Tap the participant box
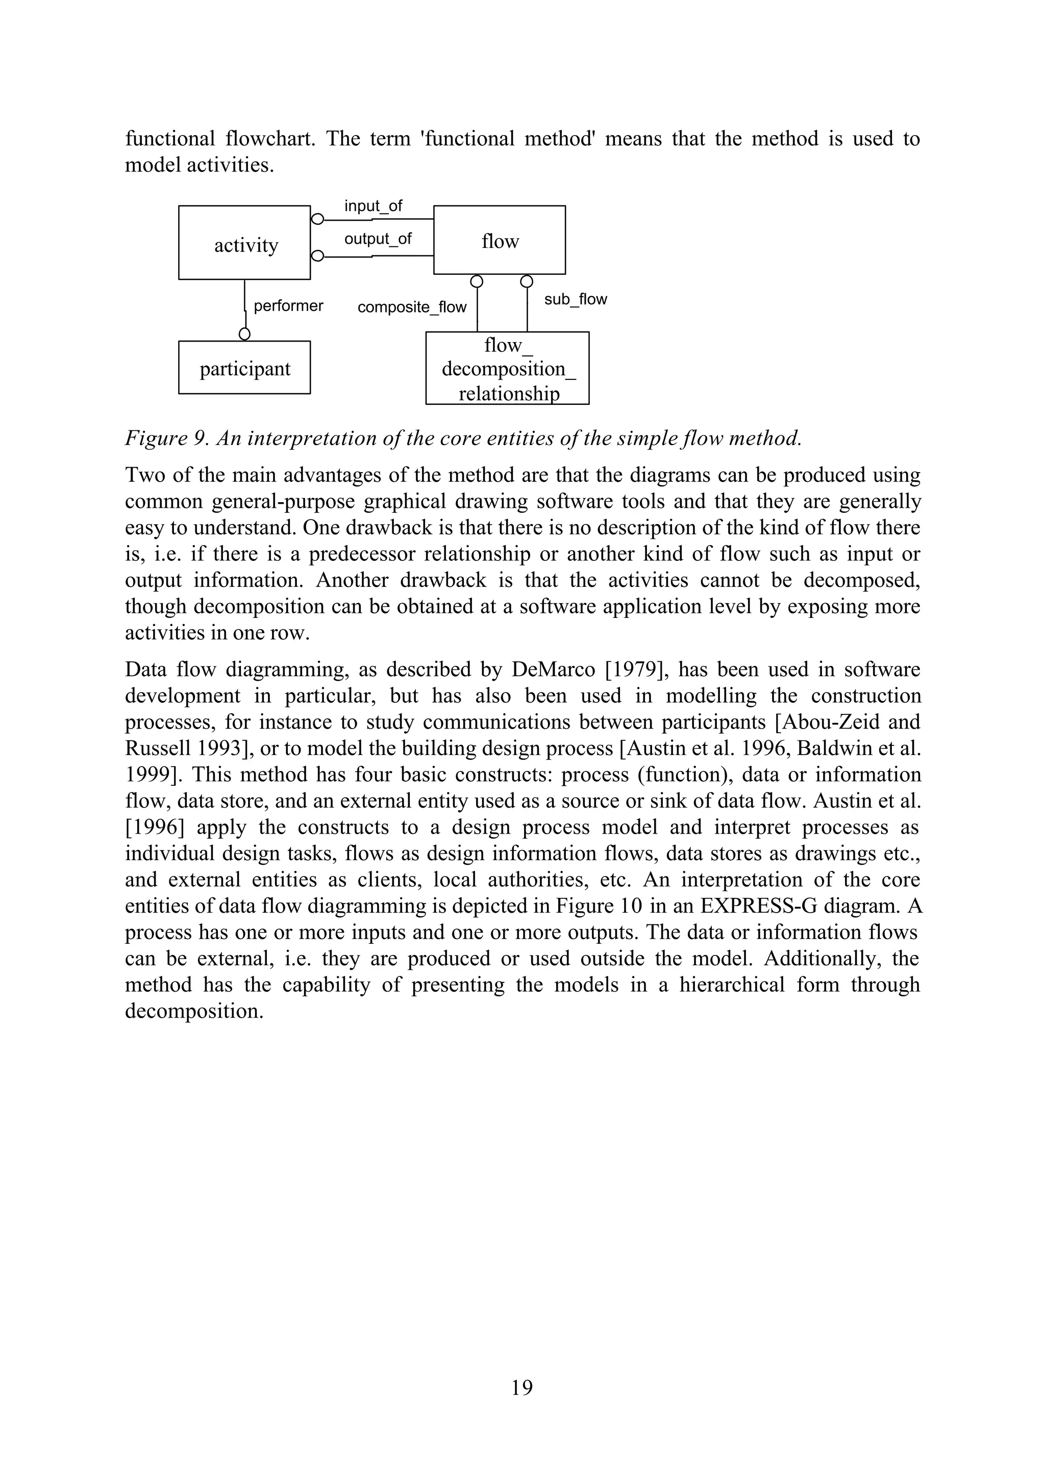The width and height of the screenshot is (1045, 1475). tap(244, 368)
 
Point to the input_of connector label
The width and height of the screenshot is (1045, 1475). tap(372, 206)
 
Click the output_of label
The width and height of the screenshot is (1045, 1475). tap(378, 239)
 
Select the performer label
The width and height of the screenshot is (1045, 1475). tap(288, 305)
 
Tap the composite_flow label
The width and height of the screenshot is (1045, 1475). tap(412, 307)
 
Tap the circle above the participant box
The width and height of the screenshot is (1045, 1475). tap(244, 334)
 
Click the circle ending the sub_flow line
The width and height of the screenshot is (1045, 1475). tap(527, 281)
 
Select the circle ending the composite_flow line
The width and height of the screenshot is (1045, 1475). tap(476, 281)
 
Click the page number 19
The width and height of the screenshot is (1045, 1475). tap(522, 1387)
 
